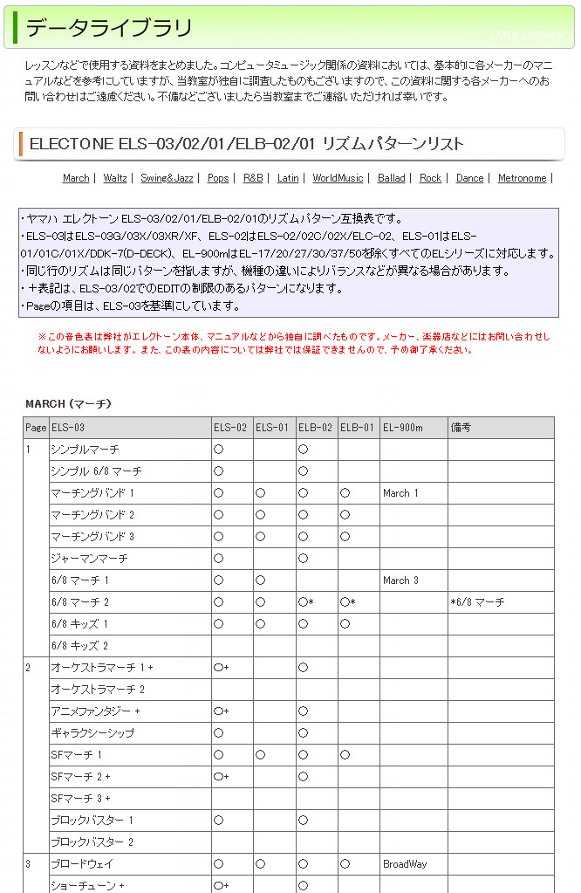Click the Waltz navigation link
114,178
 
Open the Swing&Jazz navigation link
167,178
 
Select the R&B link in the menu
253,178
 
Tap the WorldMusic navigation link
338,178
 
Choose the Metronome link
522,178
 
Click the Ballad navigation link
391,178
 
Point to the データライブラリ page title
109,28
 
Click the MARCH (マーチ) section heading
68,403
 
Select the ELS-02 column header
229,428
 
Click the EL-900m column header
402,428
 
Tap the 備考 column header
461,428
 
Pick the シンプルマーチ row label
85,450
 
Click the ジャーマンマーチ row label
89,559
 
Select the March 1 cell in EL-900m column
400,493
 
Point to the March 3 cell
400,580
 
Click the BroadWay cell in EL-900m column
405,864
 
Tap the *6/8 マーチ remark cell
477,602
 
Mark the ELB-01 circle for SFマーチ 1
345,755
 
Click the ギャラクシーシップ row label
92,733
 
